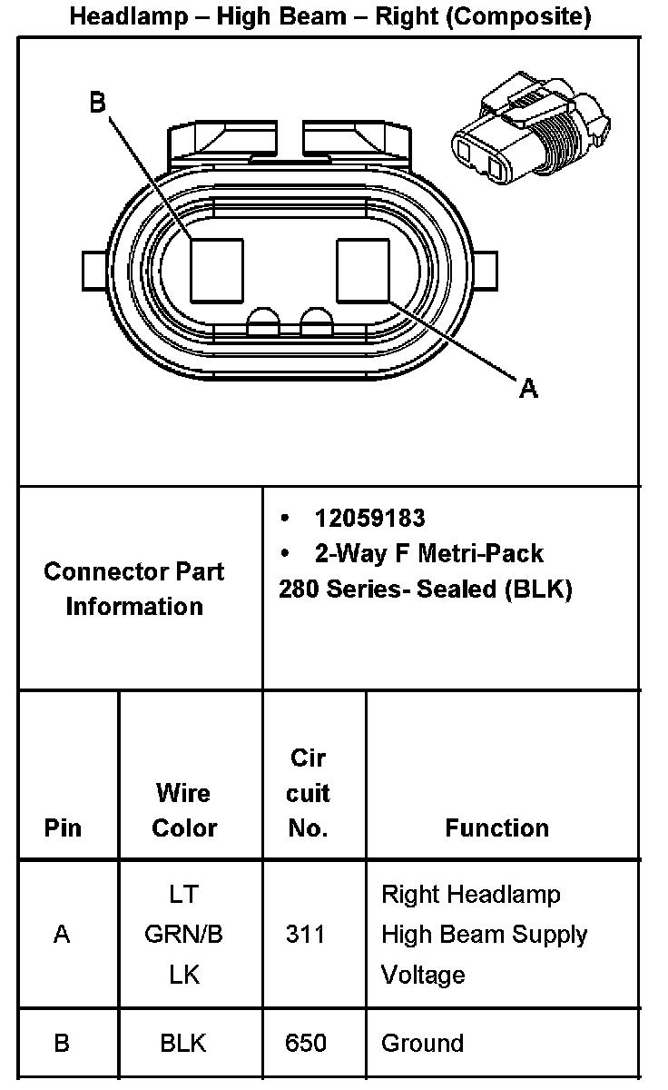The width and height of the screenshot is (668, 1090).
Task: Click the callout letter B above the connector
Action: (98, 103)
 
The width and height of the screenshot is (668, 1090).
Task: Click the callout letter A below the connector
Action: (528, 389)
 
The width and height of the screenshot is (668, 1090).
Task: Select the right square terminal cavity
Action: (362, 270)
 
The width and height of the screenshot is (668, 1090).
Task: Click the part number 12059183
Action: (369, 518)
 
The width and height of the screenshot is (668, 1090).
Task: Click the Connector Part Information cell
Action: (134, 589)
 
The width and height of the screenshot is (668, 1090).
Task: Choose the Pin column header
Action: (62, 827)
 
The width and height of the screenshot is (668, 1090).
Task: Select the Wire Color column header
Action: (184, 810)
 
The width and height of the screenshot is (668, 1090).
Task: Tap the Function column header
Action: (496, 827)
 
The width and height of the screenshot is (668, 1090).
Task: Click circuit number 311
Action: (305, 934)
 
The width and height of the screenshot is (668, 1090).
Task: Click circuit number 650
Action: (305, 1043)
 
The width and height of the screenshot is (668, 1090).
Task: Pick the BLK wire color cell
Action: (183, 1043)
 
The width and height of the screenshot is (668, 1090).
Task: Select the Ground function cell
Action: (422, 1043)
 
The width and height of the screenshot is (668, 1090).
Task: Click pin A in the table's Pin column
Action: (62, 934)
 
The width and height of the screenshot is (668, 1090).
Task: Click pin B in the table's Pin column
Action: (62, 1043)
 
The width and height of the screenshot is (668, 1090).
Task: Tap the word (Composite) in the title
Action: (526, 16)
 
